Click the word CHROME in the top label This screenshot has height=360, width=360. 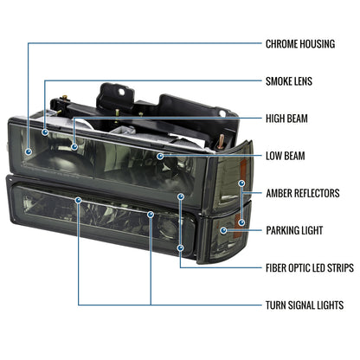[281, 44]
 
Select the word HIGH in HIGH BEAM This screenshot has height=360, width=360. [274, 119]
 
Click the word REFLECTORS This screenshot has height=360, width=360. [318, 193]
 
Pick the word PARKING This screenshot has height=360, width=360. [283, 230]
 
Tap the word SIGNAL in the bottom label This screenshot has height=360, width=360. [302, 305]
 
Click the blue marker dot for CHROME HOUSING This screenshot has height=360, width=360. [29, 151]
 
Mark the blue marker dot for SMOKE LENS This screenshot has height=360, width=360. [45, 132]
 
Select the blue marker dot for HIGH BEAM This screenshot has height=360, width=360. [74, 147]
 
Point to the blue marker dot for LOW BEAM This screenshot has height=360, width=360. [160, 156]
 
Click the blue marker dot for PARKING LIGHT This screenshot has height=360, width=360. [223, 230]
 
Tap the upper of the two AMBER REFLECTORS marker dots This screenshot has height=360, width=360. [241, 183]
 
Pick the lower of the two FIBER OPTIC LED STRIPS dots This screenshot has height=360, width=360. [181, 247]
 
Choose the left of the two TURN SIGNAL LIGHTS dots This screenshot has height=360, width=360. [79, 200]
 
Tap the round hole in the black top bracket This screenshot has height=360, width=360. [122, 92]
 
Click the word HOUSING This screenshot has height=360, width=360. [318, 44]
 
